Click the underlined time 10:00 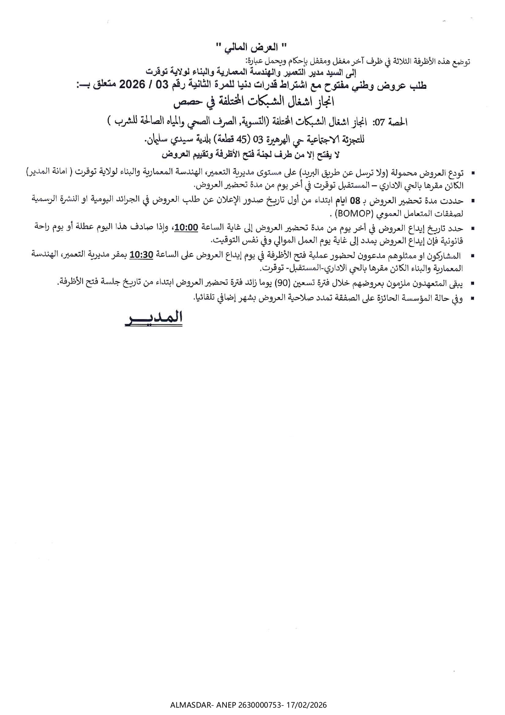pos(186,227)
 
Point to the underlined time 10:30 pos(141,255)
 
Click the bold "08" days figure pos(356,201)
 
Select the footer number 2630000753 pos(259,705)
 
